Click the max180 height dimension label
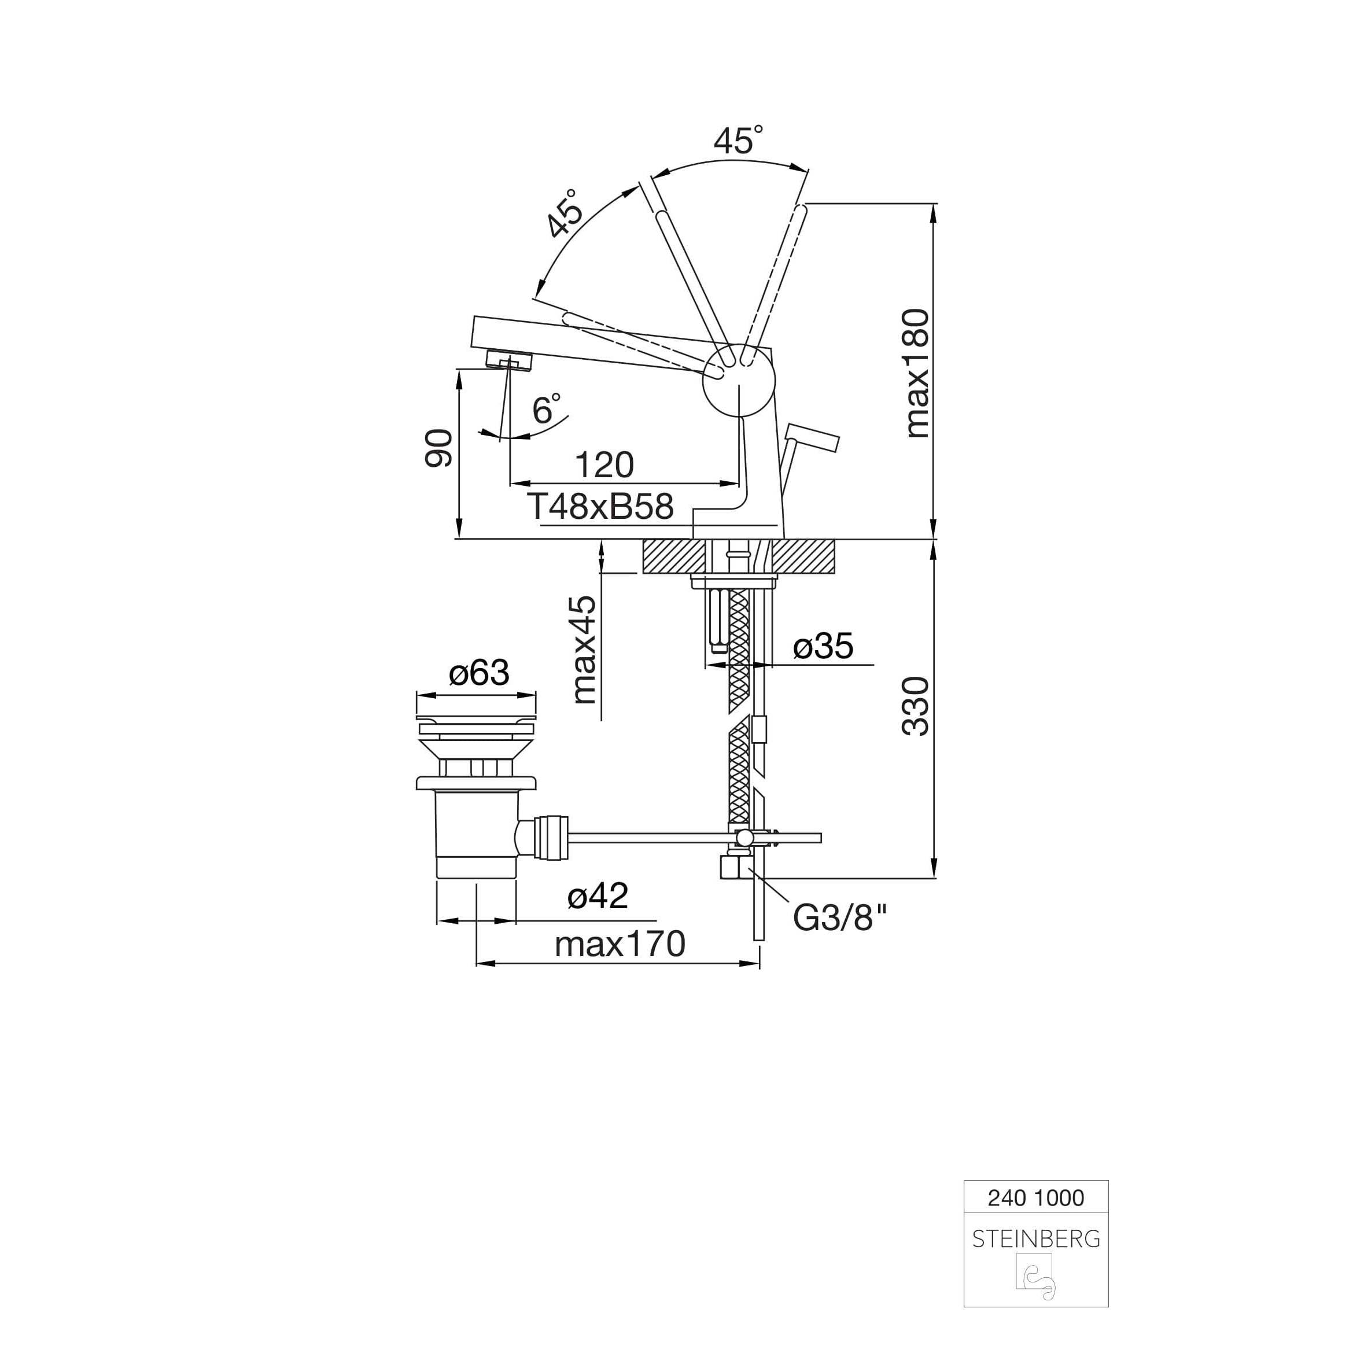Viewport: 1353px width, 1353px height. coord(917,373)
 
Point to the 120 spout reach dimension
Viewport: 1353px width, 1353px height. coord(604,465)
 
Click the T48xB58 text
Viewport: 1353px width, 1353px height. coord(601,506)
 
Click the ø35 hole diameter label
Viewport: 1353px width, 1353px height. coord(823,646)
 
